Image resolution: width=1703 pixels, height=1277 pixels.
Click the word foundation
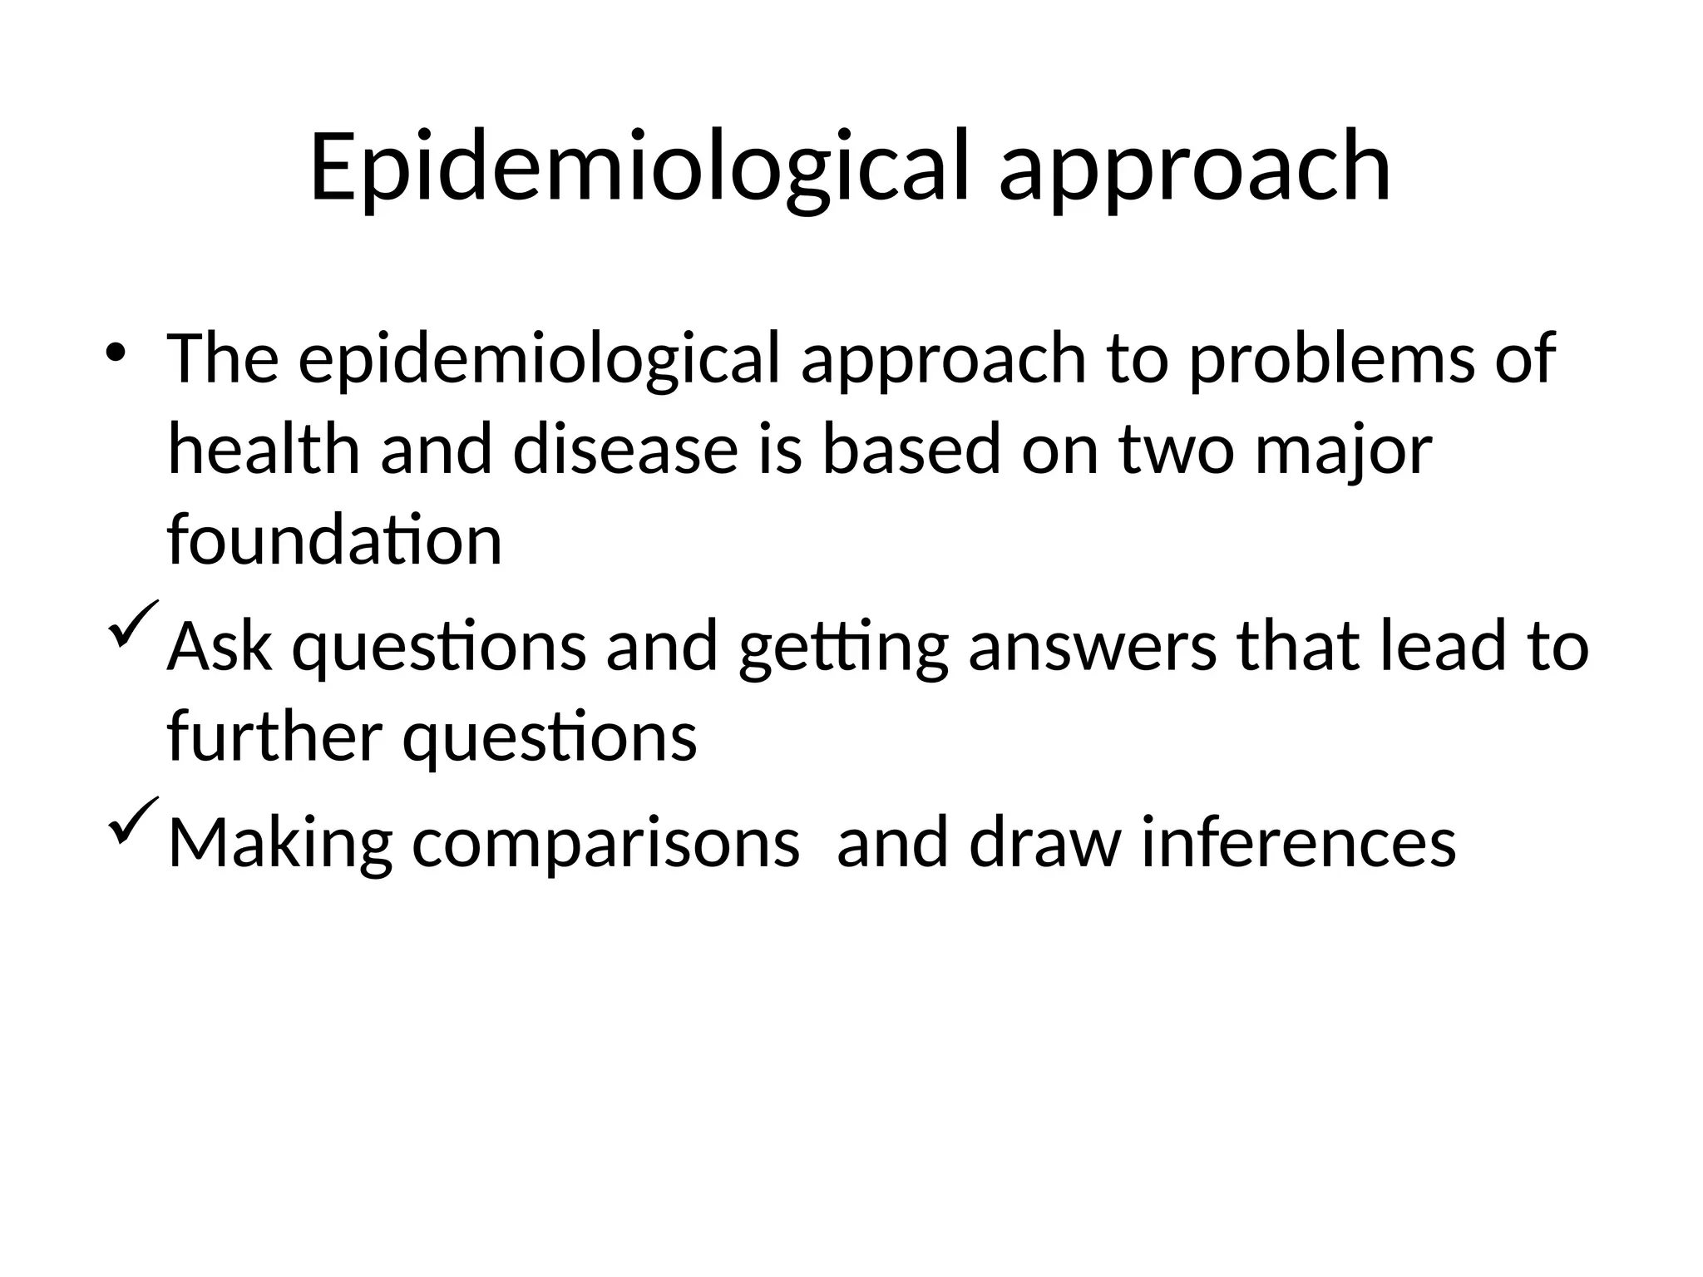[334, 540]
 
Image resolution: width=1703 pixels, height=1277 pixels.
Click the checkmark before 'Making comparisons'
[131, 821]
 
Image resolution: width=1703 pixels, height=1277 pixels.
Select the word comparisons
[605, 843]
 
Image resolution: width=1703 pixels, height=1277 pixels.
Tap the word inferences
[1298, 841]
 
